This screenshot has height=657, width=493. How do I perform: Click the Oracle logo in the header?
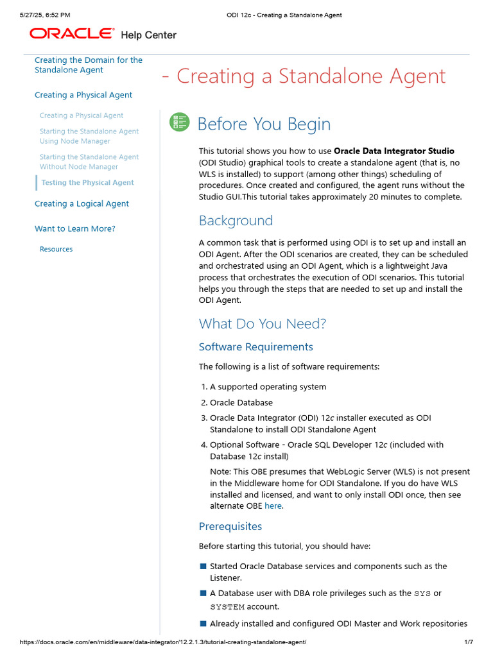[x=72, y=33]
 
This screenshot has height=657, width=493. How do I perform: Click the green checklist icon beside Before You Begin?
[x=179, y=123]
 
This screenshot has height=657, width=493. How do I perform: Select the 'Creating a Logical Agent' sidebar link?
[x=82, y=203]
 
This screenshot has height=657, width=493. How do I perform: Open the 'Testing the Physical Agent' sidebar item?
[x=87, y=183]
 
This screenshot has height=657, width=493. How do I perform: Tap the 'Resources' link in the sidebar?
[x=56, y=249]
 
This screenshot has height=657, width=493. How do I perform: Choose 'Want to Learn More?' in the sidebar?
[x=74, y=228]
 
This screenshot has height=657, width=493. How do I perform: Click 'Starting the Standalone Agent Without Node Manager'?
[x=89, y=162]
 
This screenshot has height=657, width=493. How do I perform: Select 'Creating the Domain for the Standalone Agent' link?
[x=88, y=65]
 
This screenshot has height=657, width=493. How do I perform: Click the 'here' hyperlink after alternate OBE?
[x=273, y=506]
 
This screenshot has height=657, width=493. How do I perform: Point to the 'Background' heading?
[x=236, y=221]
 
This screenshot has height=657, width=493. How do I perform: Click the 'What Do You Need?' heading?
[x=262, y=323]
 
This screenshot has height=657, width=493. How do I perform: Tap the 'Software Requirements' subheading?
[x=255, y=347]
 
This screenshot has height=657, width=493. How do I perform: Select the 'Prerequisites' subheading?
[x=230, y=527]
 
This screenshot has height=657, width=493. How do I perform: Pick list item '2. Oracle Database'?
[x=241, y=403]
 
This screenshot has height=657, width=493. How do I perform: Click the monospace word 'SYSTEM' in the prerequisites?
[x=227, y=607]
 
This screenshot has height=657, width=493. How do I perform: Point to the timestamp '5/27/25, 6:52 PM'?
[x=45, y=15]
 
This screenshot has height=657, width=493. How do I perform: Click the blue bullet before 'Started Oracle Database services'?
[x=203, y=567]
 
